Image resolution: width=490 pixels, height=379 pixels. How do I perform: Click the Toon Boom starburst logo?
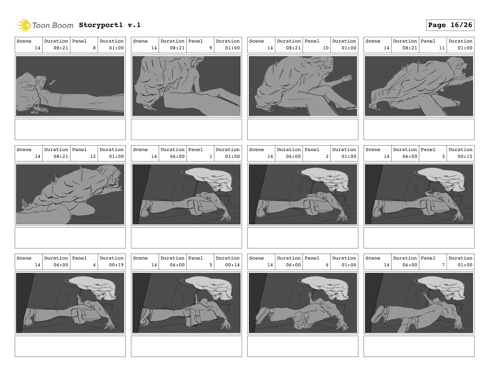tap(23, 25)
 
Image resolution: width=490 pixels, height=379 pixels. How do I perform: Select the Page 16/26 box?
tap(450, 25)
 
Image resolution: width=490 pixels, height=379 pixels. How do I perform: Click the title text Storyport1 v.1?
tap(110, 25)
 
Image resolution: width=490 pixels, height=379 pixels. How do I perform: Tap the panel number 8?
tap(94, 48)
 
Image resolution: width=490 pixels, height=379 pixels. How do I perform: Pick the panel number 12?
tap(93, 156)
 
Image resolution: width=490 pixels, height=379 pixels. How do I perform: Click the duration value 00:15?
tap(465, 156)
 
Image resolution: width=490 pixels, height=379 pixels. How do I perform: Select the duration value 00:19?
tap(116, 265)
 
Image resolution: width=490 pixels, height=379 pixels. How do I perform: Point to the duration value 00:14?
tap(232, 265)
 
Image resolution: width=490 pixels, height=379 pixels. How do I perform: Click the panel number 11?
tap(442, 48)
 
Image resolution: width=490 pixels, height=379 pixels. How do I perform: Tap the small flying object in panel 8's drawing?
tap(52, 82)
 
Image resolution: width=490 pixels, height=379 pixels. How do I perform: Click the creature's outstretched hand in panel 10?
tap(347, 78)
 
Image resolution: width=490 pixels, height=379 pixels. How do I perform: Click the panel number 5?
tap(211, 265)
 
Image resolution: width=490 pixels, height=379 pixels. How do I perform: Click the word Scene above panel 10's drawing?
tap(256, 41)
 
